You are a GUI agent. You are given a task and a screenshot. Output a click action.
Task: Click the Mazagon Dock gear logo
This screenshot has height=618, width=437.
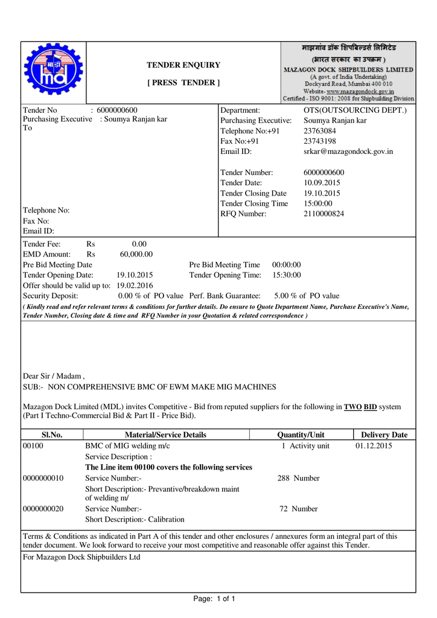pyautogui.click(x=53, y=72)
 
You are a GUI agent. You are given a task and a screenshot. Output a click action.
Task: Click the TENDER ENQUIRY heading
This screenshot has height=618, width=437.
pyautogui.click(x=183, y=65)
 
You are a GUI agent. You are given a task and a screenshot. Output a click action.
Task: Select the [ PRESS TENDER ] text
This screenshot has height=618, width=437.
pyautogui.click(x=183, y=83)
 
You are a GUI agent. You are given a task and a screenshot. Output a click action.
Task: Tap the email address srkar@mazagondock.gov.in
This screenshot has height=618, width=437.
pyautogui.click(x=348, y=151)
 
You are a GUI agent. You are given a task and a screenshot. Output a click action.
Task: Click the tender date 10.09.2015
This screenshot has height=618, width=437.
pyautogui.click(x=322, y=183)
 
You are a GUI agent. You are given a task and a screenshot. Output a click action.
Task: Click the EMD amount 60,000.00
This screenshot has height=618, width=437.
pyautogui.click(x=136, y=254)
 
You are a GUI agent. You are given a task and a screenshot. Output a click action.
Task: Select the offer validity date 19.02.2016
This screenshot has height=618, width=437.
pyautogui.click(x=135, y=285)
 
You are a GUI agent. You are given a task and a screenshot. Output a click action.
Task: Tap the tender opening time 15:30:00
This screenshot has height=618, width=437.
pyautogui.click(x=287, y=275)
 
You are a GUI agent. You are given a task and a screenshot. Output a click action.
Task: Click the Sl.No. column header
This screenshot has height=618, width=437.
pyautogui.click(x=52, y=435)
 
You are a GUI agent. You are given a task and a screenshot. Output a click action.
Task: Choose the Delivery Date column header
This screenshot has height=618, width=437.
pyautogui.click(x=384, y=435)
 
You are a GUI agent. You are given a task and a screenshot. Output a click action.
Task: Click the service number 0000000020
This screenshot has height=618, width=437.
pyautogui.click(x=43, y=509)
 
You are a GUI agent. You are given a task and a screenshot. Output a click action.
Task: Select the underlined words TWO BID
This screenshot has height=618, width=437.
pyautogui.click(x=360, y=407)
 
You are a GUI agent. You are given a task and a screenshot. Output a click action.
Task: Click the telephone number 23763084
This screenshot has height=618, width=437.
pyautogui.click(x=319, y=131)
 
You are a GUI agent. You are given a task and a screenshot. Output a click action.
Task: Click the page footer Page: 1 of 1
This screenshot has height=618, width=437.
pyautogui.click(x=214, y=599)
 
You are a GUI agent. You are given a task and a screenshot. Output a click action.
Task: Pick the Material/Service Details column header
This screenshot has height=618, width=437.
pyautogui.click(x=165, y=435)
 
